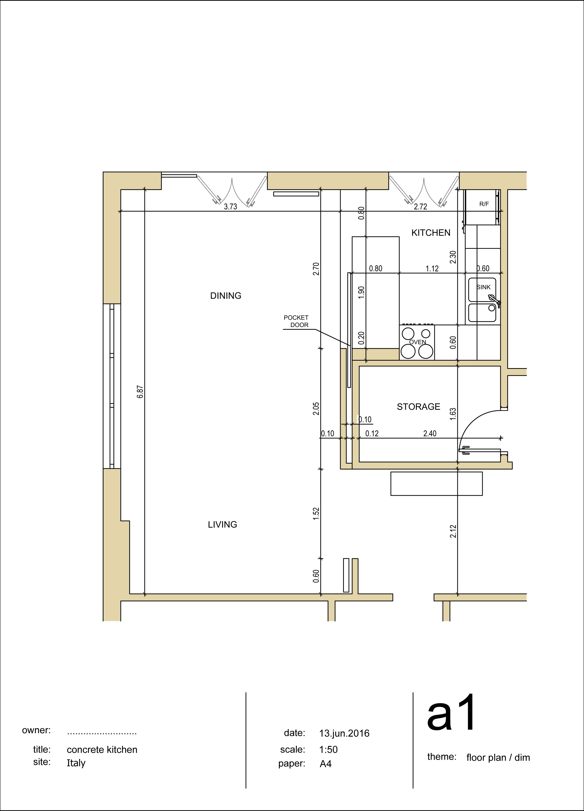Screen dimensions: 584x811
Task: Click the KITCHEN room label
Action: coord(431,233)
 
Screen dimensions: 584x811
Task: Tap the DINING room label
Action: coord(226,296)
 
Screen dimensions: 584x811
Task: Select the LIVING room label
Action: coord(223,525)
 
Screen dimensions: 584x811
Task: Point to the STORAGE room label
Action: coord(418,406)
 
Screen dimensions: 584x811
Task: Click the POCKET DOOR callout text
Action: coord(296,321)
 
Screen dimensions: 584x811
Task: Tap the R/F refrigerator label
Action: coord(484,204)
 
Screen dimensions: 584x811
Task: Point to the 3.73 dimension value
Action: coord(230,207)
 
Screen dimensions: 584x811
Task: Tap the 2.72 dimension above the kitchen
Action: coord(420,207)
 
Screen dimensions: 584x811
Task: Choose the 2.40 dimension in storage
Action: coord(430,434)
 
